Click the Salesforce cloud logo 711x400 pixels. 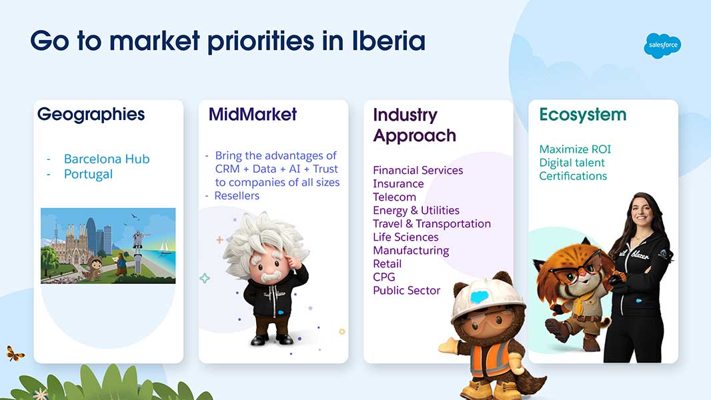662,45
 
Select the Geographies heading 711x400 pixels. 91,115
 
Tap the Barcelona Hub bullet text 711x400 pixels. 107,159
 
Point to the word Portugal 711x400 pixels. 88,175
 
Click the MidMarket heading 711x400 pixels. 253,114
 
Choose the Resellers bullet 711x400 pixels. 237,196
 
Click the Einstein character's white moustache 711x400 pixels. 271,276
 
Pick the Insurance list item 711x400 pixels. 398,184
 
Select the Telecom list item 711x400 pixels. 394,197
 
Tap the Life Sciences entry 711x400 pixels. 406,237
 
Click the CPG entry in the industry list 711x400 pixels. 384,277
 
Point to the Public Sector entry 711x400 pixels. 407,291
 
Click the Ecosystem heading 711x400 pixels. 583,115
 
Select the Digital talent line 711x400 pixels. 572,163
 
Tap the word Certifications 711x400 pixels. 573,176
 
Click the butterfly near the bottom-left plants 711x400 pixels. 15,353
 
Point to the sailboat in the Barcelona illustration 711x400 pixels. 165,247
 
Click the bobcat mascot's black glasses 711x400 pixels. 576,271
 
